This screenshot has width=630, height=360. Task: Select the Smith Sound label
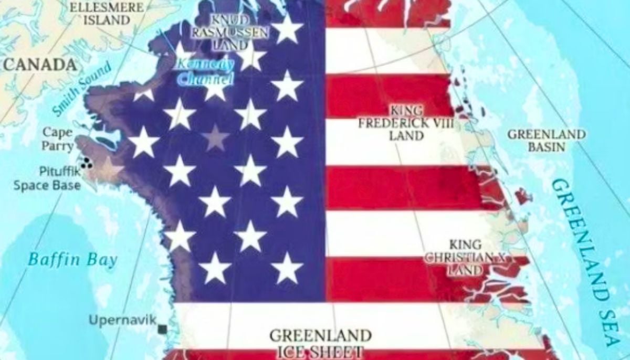coord(82,89)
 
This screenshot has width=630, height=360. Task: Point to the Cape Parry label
coord(57,139)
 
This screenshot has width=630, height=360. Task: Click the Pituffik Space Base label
coord(47,178)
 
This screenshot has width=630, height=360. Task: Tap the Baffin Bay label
coord(72,259)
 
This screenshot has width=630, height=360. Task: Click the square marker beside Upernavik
coord(162,329)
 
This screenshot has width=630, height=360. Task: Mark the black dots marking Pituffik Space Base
coord(86,163)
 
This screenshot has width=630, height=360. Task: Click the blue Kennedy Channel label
coord(205,72)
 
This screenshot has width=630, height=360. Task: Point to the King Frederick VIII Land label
coord(406,123)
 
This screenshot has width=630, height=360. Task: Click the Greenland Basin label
coord(546,140)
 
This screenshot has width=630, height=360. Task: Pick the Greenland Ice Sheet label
coord(320,343)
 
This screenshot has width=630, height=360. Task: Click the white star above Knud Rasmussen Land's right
coord(287,29)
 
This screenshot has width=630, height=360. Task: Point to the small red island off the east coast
coord(522,196)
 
